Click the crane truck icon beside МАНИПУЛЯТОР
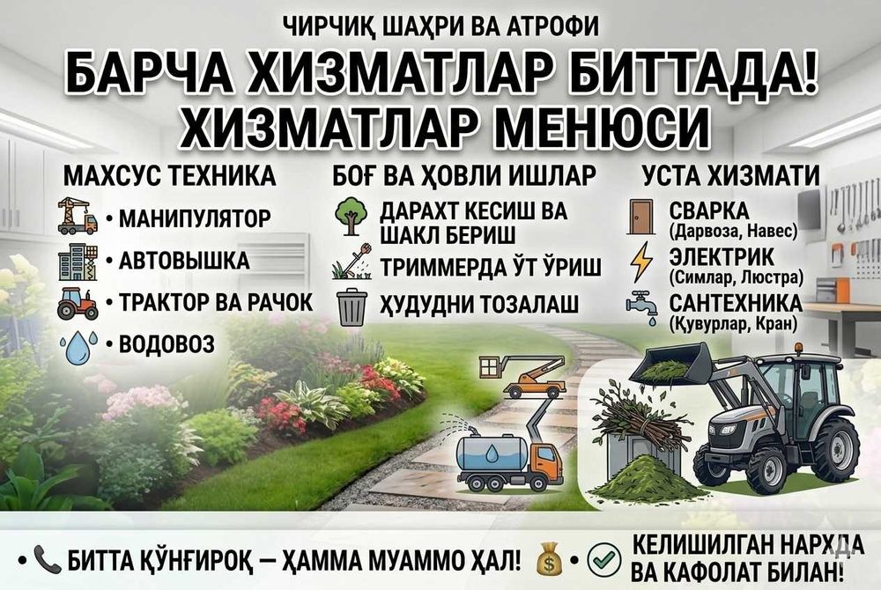point(78,217)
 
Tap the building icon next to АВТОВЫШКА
point(78,262)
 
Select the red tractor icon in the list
point(78,303)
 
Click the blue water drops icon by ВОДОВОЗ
point(78,346)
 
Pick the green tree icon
point(352,218)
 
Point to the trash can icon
point(352,306)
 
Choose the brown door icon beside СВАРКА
point(640,217)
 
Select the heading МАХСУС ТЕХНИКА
point(170,175)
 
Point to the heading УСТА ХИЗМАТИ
point(730,175)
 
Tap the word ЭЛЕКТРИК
point(722,257)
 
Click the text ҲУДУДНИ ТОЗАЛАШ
point(478,306)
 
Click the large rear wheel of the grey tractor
point(835,450)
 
